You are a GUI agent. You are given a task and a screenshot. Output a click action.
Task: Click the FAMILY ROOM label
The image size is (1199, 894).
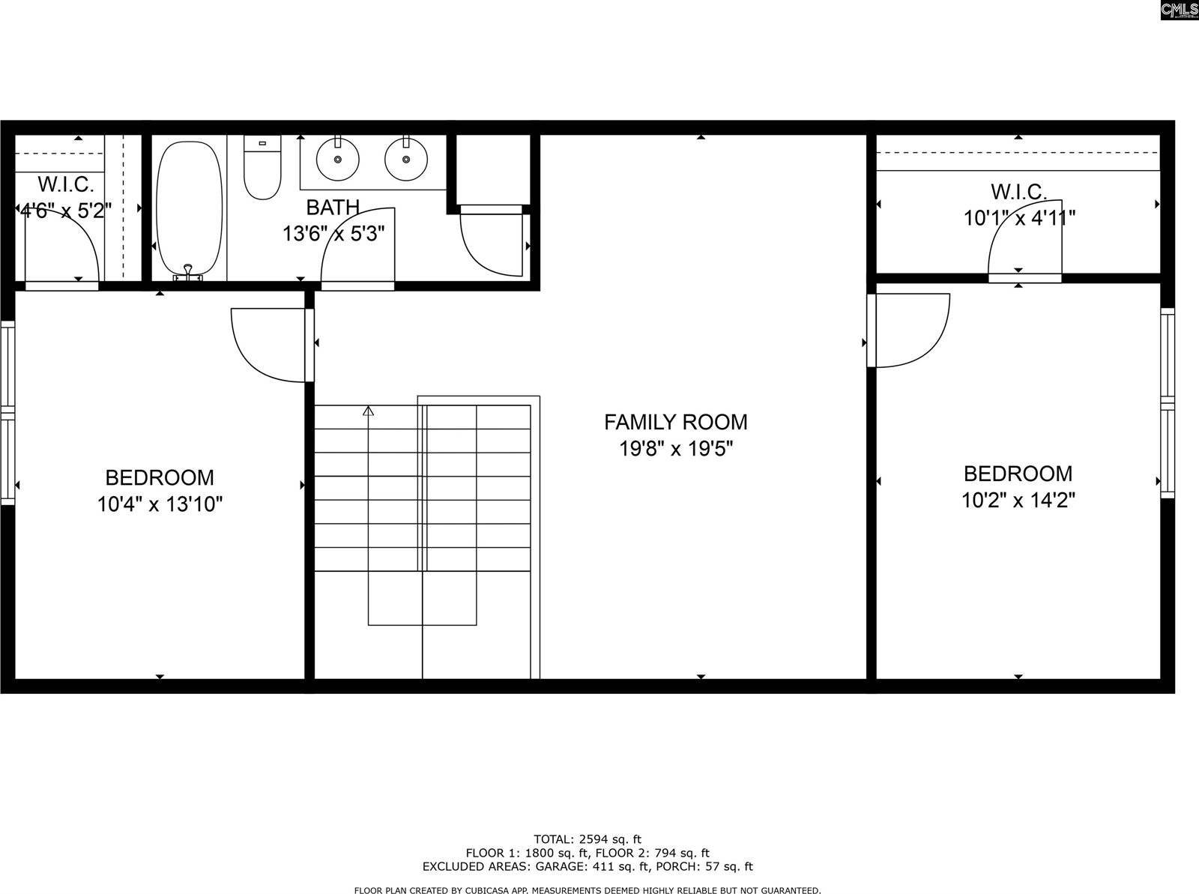(x=675, y=423)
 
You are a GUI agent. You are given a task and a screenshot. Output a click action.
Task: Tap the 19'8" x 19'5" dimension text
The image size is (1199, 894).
(x=675, y=450)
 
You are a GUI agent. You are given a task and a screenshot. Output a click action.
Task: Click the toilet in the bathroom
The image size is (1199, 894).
(x=262, y=169)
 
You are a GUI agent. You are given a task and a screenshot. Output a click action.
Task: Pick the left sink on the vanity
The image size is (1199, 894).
(x=337, y=158)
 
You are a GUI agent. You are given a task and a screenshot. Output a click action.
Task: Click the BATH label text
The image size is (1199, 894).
(x=333, y=208)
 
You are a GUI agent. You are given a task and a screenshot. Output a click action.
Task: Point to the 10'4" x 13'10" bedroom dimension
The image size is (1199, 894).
(x=160, y=504)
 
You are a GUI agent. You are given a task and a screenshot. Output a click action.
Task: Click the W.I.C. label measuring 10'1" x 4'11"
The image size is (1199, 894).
(x=1018, y=192)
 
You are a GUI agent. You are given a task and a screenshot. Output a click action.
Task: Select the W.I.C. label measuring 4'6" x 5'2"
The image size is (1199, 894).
(x=65, y=184)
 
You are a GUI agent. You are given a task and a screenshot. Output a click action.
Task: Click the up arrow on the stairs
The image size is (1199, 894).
(x=368, y=411)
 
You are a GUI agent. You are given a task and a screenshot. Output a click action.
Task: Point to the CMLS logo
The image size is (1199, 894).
(x=1179, y=10)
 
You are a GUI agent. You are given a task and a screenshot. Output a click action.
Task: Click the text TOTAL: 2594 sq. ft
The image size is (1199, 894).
(x=587, y=839)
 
